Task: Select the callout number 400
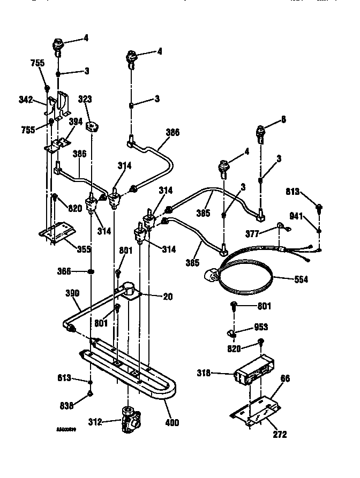coord(172,423)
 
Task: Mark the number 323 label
coord(85,99)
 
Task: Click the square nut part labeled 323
coord(94,127)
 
